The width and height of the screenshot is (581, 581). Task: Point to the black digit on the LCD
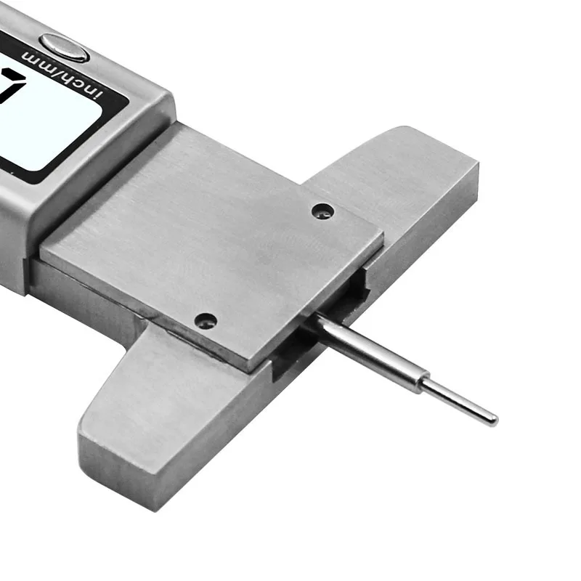click(10, 84)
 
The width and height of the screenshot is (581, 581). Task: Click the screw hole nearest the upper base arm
click(322, 211)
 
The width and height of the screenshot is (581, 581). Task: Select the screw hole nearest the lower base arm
click(206, 320)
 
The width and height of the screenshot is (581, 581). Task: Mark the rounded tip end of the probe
click(494, 420)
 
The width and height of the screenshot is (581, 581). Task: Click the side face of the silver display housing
click(15, 240)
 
